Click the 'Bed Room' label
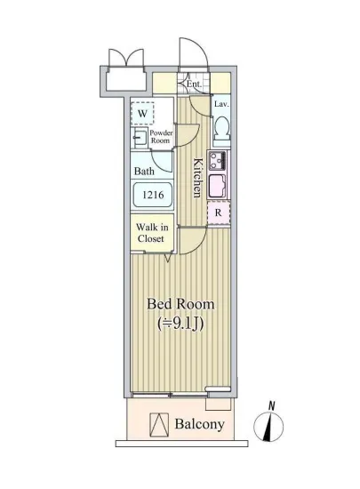[x=180, y=303]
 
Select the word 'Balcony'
[x=199, y=424]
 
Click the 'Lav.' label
[x=222, y=104]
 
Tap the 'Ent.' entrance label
[x=193, y=85]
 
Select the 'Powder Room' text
[x=161, y=136]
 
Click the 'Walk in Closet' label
[x=153, y=233]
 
